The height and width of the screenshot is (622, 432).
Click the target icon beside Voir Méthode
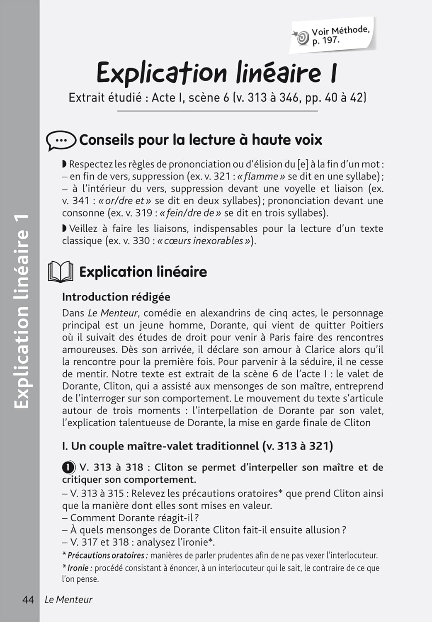303,38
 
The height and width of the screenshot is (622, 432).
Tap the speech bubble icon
61,141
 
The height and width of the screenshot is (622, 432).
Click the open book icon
61,272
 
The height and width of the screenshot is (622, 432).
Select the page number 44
28,600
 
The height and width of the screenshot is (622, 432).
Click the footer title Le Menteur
68,600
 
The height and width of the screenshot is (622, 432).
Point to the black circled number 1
68,468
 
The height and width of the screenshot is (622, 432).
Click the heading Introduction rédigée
116,297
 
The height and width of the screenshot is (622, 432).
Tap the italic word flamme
261,177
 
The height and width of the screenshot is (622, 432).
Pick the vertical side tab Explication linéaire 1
22,311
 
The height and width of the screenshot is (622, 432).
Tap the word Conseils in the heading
106,140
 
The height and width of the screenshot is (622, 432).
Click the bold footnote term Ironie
78,568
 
